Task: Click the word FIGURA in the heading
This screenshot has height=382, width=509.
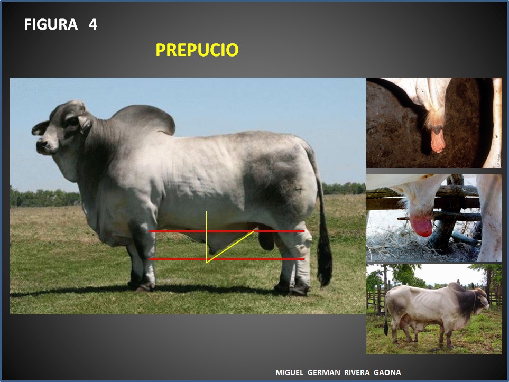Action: (50, 25)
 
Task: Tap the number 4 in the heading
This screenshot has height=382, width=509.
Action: (93, 25)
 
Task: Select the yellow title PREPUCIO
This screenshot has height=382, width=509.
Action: (197, 50)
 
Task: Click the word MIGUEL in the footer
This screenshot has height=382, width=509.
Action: (290, 372)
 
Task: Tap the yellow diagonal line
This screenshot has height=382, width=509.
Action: (230, 246)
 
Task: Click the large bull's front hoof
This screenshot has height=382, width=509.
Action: (144, 287)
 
